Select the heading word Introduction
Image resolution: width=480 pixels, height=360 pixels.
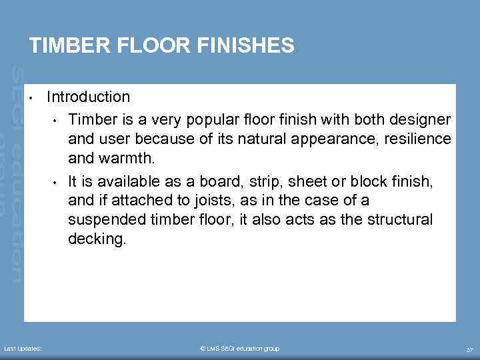(x=88, y=97)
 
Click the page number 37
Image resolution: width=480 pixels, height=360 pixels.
(x=469, y=349)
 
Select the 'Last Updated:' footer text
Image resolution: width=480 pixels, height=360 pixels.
(x=23, y=349)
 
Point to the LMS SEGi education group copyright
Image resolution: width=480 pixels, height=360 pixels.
(x=240, y=349)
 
